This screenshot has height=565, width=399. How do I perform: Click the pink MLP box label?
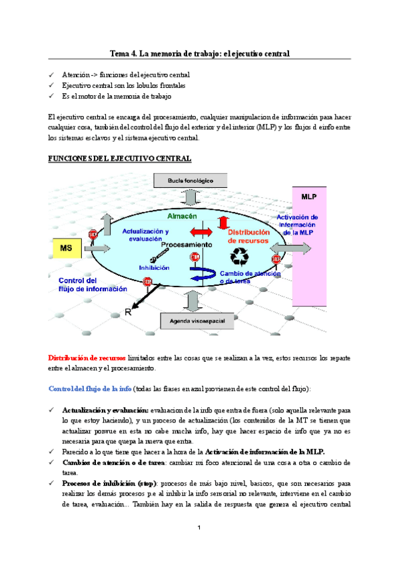[x=308, y=198]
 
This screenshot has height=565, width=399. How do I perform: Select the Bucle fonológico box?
[x=191, y=180]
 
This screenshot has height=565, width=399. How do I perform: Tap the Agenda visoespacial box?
[x=191, y=322]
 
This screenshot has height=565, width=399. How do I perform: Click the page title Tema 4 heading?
[x=199, y=53]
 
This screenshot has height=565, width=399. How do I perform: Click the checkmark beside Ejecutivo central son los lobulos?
[x=53, y=86]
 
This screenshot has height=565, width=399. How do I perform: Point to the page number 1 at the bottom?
[x=199, y=528]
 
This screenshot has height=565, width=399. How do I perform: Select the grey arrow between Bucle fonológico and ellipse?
[x=191, y=198]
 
